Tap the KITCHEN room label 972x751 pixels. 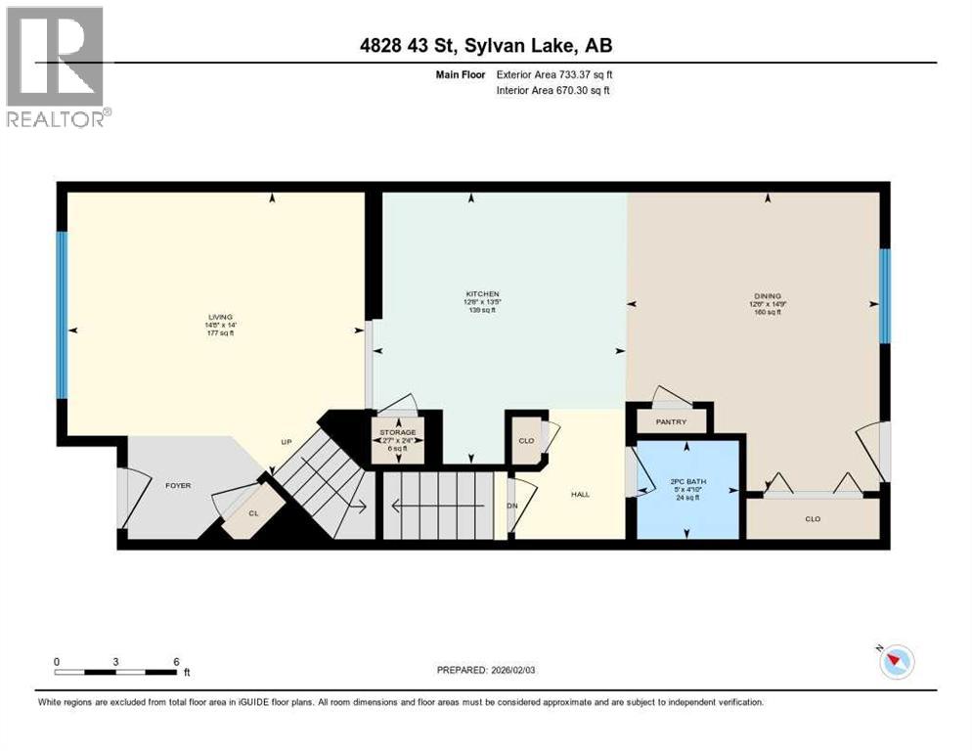pos(482,293)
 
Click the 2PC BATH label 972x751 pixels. pos(687,483)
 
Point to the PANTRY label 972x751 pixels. pos(671,421)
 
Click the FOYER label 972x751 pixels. pos(177,485)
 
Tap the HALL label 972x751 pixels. pos(580,494)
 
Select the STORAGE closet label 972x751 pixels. pos(397,432)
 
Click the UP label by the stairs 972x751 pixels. pos(287,442)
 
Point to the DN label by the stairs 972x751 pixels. pos(511,506)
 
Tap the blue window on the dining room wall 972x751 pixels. pos(884,295)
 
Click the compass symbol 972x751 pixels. pos(895,662)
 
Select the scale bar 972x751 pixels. pos(116,672)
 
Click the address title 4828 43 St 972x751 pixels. pos(486,45)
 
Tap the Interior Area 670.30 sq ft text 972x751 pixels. pos(554,91)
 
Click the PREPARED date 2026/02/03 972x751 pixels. pos(487,670)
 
